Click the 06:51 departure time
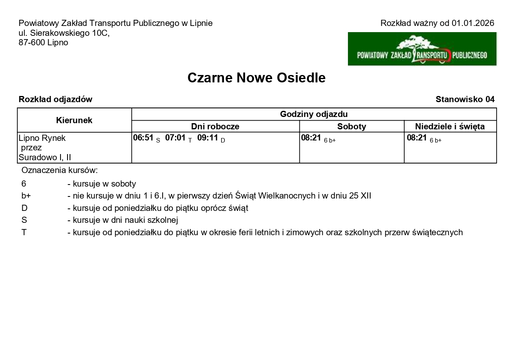(143, 138)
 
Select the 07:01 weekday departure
(175, 138)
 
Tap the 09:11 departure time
(208, 138)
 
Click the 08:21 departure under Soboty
(311, 138)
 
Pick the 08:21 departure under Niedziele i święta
(417, 138)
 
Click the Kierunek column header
(74, 120)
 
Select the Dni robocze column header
(215, 126)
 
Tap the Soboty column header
(351, 126)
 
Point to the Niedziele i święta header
(450, 126)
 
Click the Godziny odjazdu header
(314, 114)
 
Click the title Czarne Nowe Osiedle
(256, 77)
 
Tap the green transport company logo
(422, 49)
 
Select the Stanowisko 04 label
(465, 99)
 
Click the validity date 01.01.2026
(473, 23)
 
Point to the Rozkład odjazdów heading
(55, 99)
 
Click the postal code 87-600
(31, 42)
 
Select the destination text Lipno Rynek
(42, 138)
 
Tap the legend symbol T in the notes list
(24, 232)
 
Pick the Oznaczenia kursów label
(59, 170)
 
